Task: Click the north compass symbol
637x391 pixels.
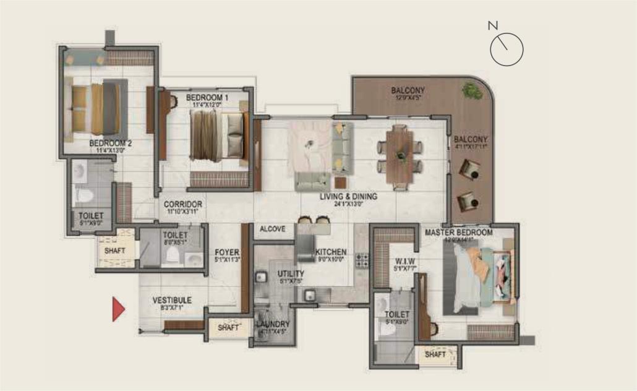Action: click(x=507, y=48)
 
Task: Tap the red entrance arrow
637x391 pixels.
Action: click(x=118, y=309)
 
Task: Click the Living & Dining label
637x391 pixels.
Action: click(x=348, y=197)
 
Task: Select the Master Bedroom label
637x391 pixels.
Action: click(x=459, y=233)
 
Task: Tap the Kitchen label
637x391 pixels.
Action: click(x=331, y=252)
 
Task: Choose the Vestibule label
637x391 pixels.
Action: click(x=172, y=301)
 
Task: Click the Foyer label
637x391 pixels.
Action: click(x=223, y=252)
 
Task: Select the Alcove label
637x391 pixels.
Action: click(x=272, y=229)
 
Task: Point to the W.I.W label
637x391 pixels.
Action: click(x=404, y=260)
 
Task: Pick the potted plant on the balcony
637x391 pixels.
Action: click(x=472, y=91)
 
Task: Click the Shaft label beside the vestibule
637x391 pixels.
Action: click(x=228, y=328)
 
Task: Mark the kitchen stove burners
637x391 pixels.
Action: click(x=361, y=259)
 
